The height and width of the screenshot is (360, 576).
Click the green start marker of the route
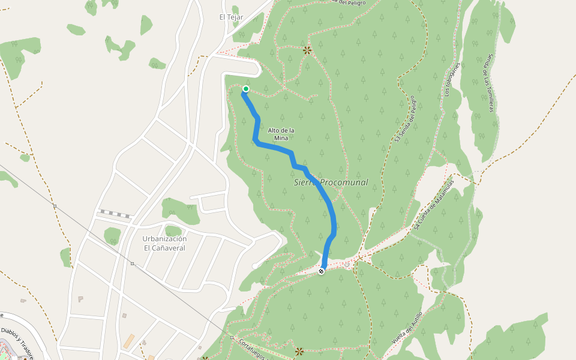click(x=245, y=89)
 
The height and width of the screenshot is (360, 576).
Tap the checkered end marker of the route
click(x=321, y=271)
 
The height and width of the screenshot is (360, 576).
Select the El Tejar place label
click(x=230, y=17)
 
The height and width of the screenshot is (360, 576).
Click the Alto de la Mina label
click(x=281, y=134)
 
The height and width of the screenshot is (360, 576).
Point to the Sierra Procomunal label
click(x=331, y=182)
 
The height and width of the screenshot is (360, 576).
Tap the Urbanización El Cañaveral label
click(x=164, y=242)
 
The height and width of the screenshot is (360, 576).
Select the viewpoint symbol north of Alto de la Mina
click(x=307, y=50)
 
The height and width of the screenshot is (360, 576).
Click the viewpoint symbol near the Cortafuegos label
click(x=299, y=351)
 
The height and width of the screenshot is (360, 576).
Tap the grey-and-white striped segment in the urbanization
click(x=116, y=214)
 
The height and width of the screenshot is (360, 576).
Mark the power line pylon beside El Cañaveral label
click(x=132, y=263)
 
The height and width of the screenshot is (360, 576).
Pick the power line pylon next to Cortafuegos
click(x=232, y=337)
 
